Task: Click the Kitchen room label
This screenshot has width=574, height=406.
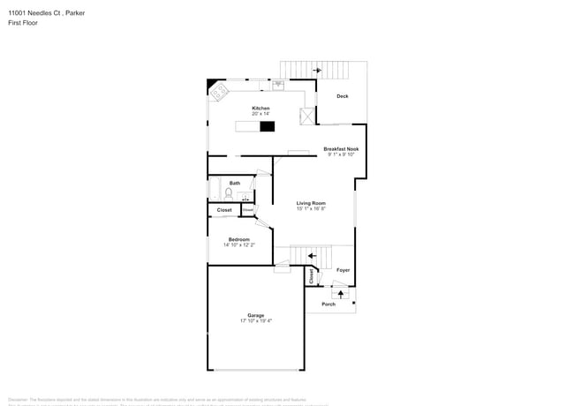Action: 261,109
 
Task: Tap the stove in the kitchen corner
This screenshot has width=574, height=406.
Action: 217,88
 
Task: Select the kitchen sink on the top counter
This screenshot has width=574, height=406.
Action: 277,86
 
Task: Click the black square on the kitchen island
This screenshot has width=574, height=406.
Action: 267,126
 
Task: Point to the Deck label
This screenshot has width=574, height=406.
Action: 343,96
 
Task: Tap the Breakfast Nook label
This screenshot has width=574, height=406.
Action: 341,149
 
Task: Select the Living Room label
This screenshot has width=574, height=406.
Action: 311,203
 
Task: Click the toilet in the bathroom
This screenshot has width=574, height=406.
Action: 228,192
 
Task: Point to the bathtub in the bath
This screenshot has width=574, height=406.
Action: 213,189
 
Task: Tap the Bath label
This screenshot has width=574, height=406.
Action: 234,183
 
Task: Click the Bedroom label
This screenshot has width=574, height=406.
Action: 239,239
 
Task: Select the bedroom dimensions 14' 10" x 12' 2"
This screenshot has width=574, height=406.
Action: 239,245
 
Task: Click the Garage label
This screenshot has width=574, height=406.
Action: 256,315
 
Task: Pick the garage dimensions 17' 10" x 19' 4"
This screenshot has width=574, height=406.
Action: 256,321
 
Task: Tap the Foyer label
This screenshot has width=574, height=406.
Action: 343,270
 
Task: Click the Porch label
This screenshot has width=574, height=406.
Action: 329,304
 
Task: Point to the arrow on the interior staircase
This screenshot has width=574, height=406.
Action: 311,256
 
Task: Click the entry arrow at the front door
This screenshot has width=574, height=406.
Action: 341,291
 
